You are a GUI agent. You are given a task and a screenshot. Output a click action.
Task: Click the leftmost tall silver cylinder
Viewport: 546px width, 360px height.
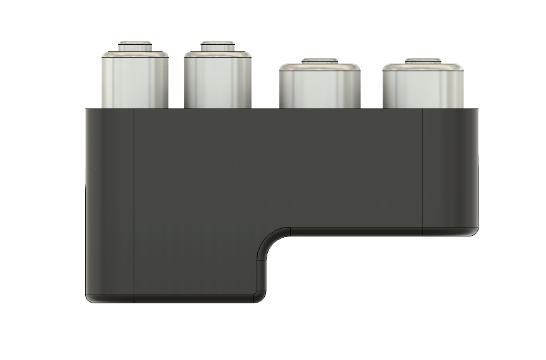pyautogui.click(x=135, y=79)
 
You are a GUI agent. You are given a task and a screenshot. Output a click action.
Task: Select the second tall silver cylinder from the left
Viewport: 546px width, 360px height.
pyautogui.click(x=218, y=79)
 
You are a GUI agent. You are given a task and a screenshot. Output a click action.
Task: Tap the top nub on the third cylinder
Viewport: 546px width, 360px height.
pyautogui.click(x=320, y=61)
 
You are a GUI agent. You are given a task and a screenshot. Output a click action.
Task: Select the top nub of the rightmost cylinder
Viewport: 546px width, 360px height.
pyautogui.click(x=424, y=61)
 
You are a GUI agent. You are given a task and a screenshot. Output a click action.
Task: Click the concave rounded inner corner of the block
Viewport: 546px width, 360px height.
pyautogui.click(x=268, y=240)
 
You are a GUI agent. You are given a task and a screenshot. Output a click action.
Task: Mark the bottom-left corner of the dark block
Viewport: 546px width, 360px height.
pyautogui.click(x=88, y=299)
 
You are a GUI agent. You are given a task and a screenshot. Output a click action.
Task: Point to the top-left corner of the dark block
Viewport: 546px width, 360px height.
pyautogui.click(x=87, y=110)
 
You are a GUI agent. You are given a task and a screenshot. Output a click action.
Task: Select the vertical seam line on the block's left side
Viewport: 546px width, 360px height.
pyautogui.click(x=134, y=202)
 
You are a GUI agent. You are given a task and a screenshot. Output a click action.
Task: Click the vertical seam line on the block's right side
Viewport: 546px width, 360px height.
pyautogui.click(x=422, y=170)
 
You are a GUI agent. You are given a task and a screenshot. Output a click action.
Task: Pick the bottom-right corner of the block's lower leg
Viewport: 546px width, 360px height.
pyautogui.click(x=258, y=298)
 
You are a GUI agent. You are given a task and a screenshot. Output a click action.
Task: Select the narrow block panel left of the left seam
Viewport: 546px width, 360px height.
pyautogui.click(x=110, y=202)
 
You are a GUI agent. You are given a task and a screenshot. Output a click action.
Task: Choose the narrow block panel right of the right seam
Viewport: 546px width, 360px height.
pyautogui.click(x=449, y=170)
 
